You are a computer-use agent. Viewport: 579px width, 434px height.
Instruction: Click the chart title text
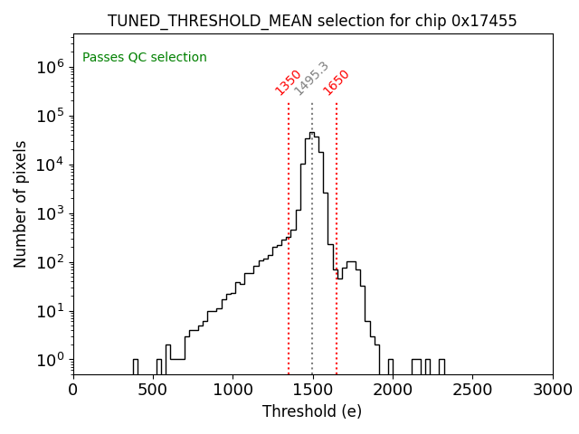(312, 21)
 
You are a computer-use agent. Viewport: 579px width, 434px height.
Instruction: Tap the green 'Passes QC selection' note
(145, 58)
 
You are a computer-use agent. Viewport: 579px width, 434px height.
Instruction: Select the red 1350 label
(288, 82)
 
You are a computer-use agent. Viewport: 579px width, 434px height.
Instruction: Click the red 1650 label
(337, 82)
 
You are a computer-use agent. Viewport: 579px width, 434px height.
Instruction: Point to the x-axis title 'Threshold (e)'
(312, 411)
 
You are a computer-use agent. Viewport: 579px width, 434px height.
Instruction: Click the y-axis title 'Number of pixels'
(21, 203)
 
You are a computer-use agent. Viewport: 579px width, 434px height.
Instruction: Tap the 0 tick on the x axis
(73, 390)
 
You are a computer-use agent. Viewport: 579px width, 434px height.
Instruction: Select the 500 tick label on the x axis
(153, 390)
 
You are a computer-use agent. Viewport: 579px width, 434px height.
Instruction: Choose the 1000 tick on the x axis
(233, 390)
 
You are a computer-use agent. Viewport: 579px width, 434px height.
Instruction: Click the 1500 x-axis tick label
(313, 390)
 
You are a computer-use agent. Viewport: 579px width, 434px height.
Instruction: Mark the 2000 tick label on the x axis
(393, 390)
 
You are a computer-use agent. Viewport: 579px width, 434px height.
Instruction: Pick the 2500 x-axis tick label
(472, 390)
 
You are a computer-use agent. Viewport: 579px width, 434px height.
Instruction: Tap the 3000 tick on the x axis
(552, 390)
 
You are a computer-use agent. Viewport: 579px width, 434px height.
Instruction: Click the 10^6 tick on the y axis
(50, 67)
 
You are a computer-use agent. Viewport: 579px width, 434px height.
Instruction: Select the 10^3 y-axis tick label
(50, 213)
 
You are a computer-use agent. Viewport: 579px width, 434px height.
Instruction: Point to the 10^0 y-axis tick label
(50, 360)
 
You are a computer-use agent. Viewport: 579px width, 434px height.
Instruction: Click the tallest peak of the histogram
(312, 134)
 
